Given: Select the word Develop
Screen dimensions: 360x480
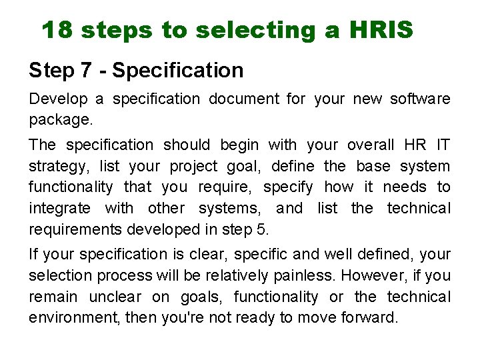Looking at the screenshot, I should click(58, 99).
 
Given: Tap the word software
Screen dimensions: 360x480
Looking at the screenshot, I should click(420, 99).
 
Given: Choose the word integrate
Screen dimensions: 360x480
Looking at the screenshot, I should click(60, 209).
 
